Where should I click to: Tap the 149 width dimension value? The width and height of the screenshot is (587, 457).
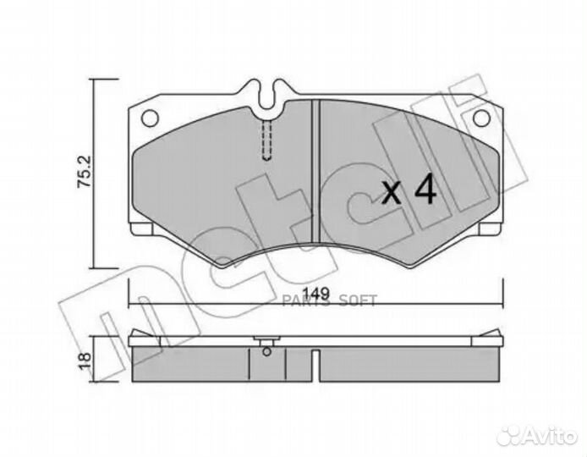tap(315, 295)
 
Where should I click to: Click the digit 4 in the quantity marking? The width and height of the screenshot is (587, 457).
tap(425, 193)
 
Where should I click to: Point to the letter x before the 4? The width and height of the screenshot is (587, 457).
tap(392, 195)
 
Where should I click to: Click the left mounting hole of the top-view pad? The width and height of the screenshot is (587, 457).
tap(151, 117)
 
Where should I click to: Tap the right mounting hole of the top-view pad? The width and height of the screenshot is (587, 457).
tap(480, 117)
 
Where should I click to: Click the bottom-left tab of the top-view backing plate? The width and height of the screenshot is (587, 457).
tap(145, 228)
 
